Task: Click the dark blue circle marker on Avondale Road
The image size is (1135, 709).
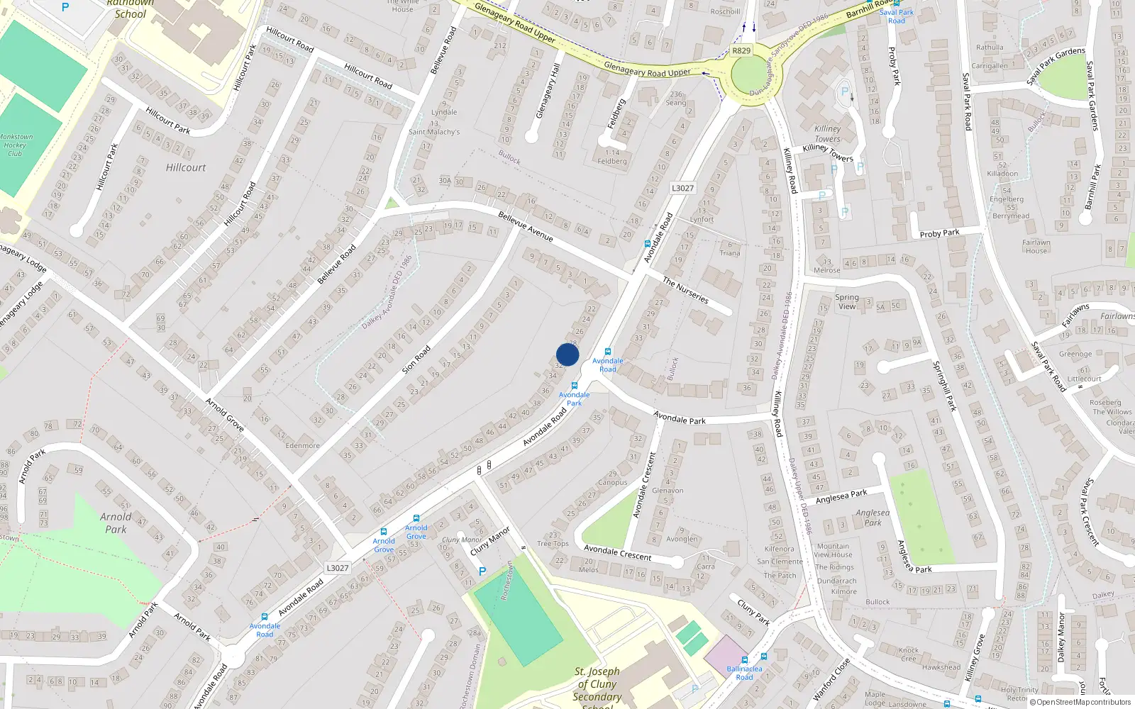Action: pos(567,354)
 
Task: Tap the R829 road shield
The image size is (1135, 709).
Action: pos(741,50)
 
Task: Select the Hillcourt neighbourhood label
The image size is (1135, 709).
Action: pos(186,167)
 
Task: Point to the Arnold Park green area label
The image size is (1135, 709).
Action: pos(115,523)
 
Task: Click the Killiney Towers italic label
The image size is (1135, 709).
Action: pos(827,133)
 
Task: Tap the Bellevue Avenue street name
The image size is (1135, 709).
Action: pos(526,227)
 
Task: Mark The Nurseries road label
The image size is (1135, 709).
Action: pos(685,290)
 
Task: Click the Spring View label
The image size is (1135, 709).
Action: pos(847,302)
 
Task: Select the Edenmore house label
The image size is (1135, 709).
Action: pos(302,445)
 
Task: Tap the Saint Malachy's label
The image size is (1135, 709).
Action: pos(434,132)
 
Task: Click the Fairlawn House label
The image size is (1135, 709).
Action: pos(1036,246)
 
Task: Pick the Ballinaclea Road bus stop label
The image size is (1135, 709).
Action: pos(744,673)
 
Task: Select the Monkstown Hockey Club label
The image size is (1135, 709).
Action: pos(16,145)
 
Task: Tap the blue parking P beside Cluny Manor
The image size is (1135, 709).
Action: pos(482,571)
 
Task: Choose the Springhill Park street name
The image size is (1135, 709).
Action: pos(944,386)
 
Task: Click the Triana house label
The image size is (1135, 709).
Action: pos(730,252)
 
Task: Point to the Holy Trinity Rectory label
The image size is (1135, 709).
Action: pos(1019,693)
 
